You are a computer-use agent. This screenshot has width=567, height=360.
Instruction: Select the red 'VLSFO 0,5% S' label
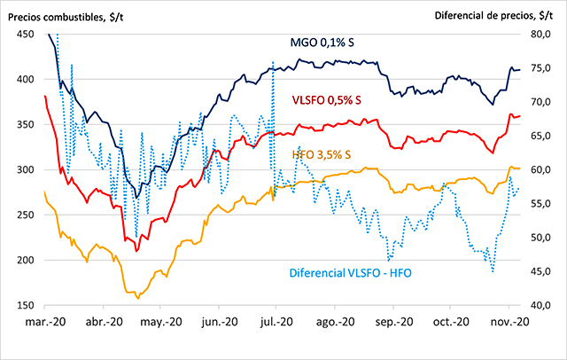point(327,102)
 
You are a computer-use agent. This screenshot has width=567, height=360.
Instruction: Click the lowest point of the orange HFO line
point(137,298)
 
